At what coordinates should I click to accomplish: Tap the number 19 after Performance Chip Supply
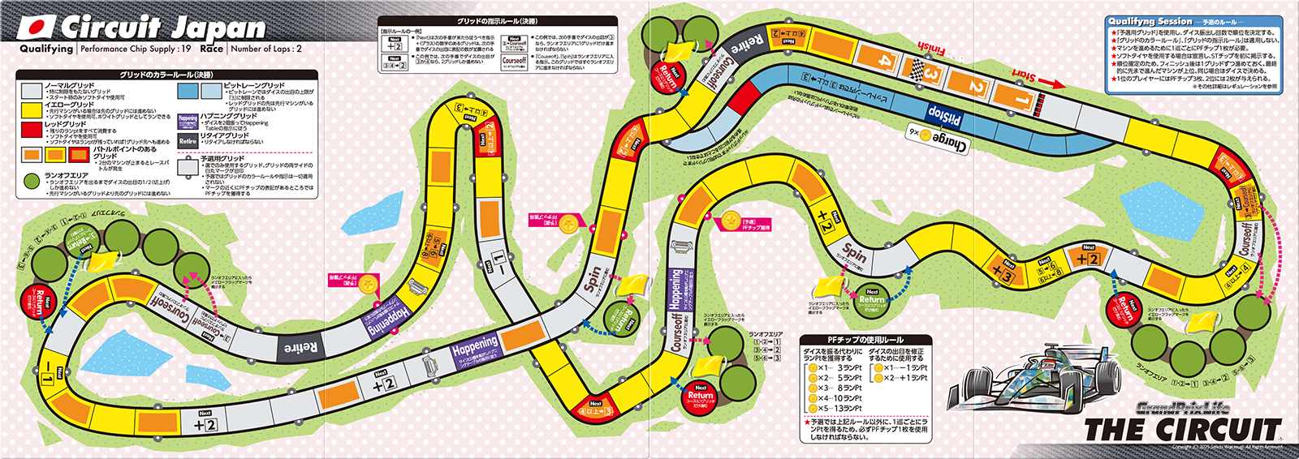(x=186, y=49)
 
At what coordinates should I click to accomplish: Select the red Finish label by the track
(x=932, y=50)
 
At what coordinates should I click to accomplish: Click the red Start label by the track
(x=1024, y=76)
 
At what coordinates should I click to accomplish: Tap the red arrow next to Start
(x=1052, y=83)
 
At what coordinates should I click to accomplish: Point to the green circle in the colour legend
(x=32, y=179)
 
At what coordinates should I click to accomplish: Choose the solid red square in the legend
(x=32, y=130)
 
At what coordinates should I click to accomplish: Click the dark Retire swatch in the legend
(x=188, y=140)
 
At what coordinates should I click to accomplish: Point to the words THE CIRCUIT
(x=1182, y=429)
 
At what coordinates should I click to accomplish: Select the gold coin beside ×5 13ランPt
(x=812, y=409)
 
